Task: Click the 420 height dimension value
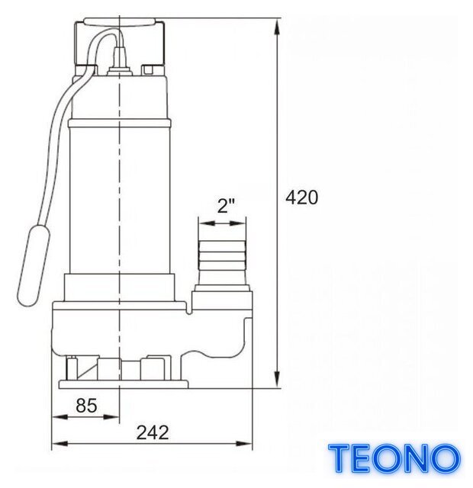pos(302,197)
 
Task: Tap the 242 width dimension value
pos(153,432)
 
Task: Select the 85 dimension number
pos(86,406)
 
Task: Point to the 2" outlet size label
pos(226,206)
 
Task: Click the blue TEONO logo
pos(394,458)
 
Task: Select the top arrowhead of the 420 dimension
pos(276,27)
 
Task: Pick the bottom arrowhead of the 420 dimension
pos(276,380)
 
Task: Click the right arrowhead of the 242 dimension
pos(244,444)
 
